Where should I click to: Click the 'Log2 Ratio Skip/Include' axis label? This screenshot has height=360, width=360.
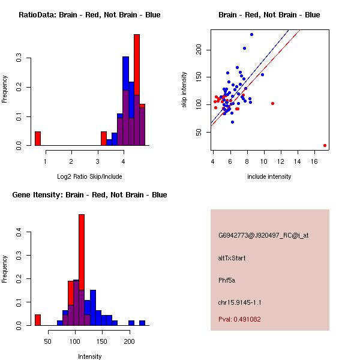point(89,176)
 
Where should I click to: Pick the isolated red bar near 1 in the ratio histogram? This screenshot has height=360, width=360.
point(38,139)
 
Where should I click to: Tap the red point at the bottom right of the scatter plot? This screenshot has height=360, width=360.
point(325,145)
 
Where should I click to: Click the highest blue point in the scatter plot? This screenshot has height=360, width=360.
point(251,34)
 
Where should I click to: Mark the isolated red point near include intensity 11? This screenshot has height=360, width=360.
point(272,103)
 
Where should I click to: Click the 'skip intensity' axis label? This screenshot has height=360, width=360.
point(185,90)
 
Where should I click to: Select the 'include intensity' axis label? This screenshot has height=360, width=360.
point(269,176)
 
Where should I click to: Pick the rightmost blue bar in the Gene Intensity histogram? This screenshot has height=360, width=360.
point(142,323)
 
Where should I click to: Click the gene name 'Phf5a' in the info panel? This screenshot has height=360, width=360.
point(227,280)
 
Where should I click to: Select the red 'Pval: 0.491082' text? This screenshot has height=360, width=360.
point(239,319)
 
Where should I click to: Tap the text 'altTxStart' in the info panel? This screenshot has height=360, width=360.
point(232,258)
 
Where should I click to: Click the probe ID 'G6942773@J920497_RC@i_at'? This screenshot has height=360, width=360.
point(263,236)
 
